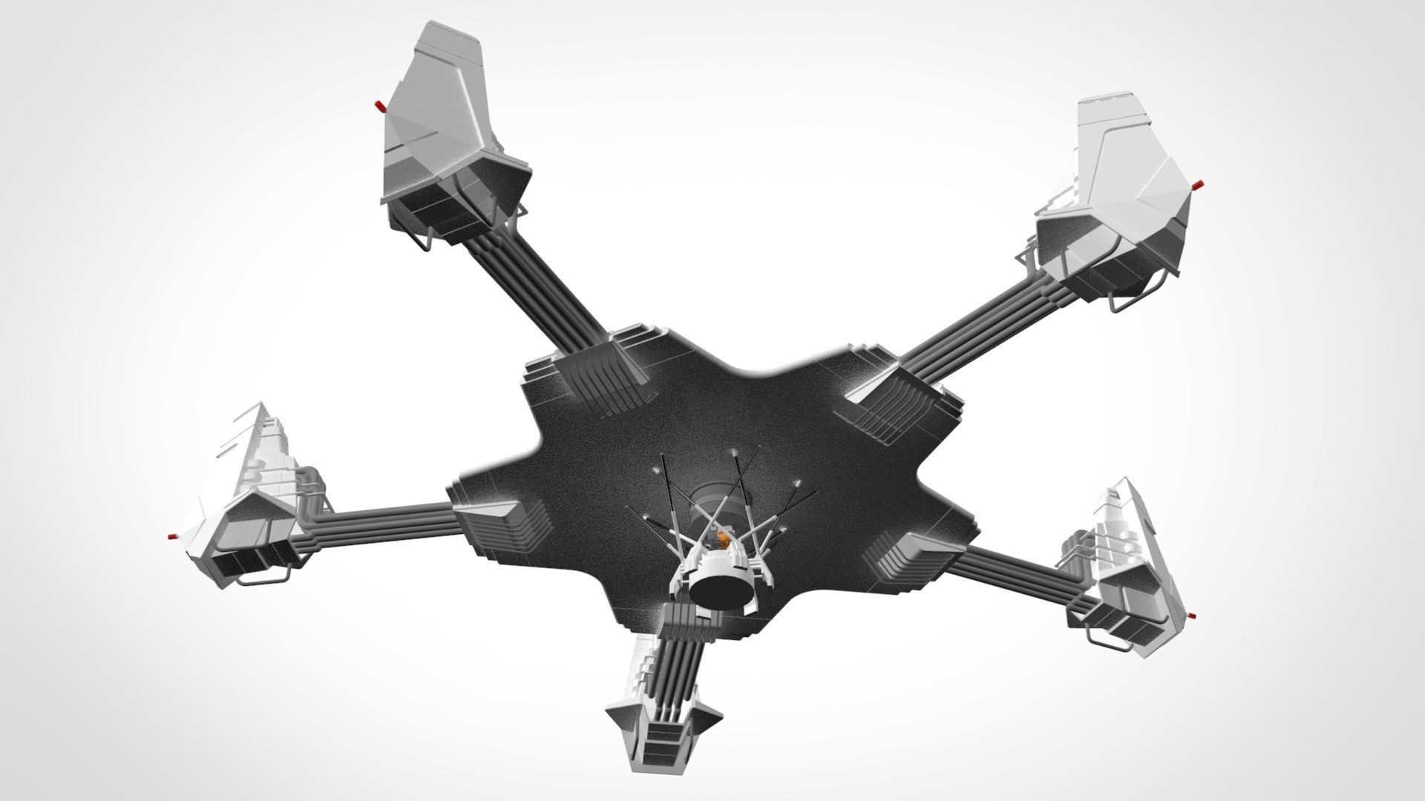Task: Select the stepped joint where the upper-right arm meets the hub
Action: click(898, 400)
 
